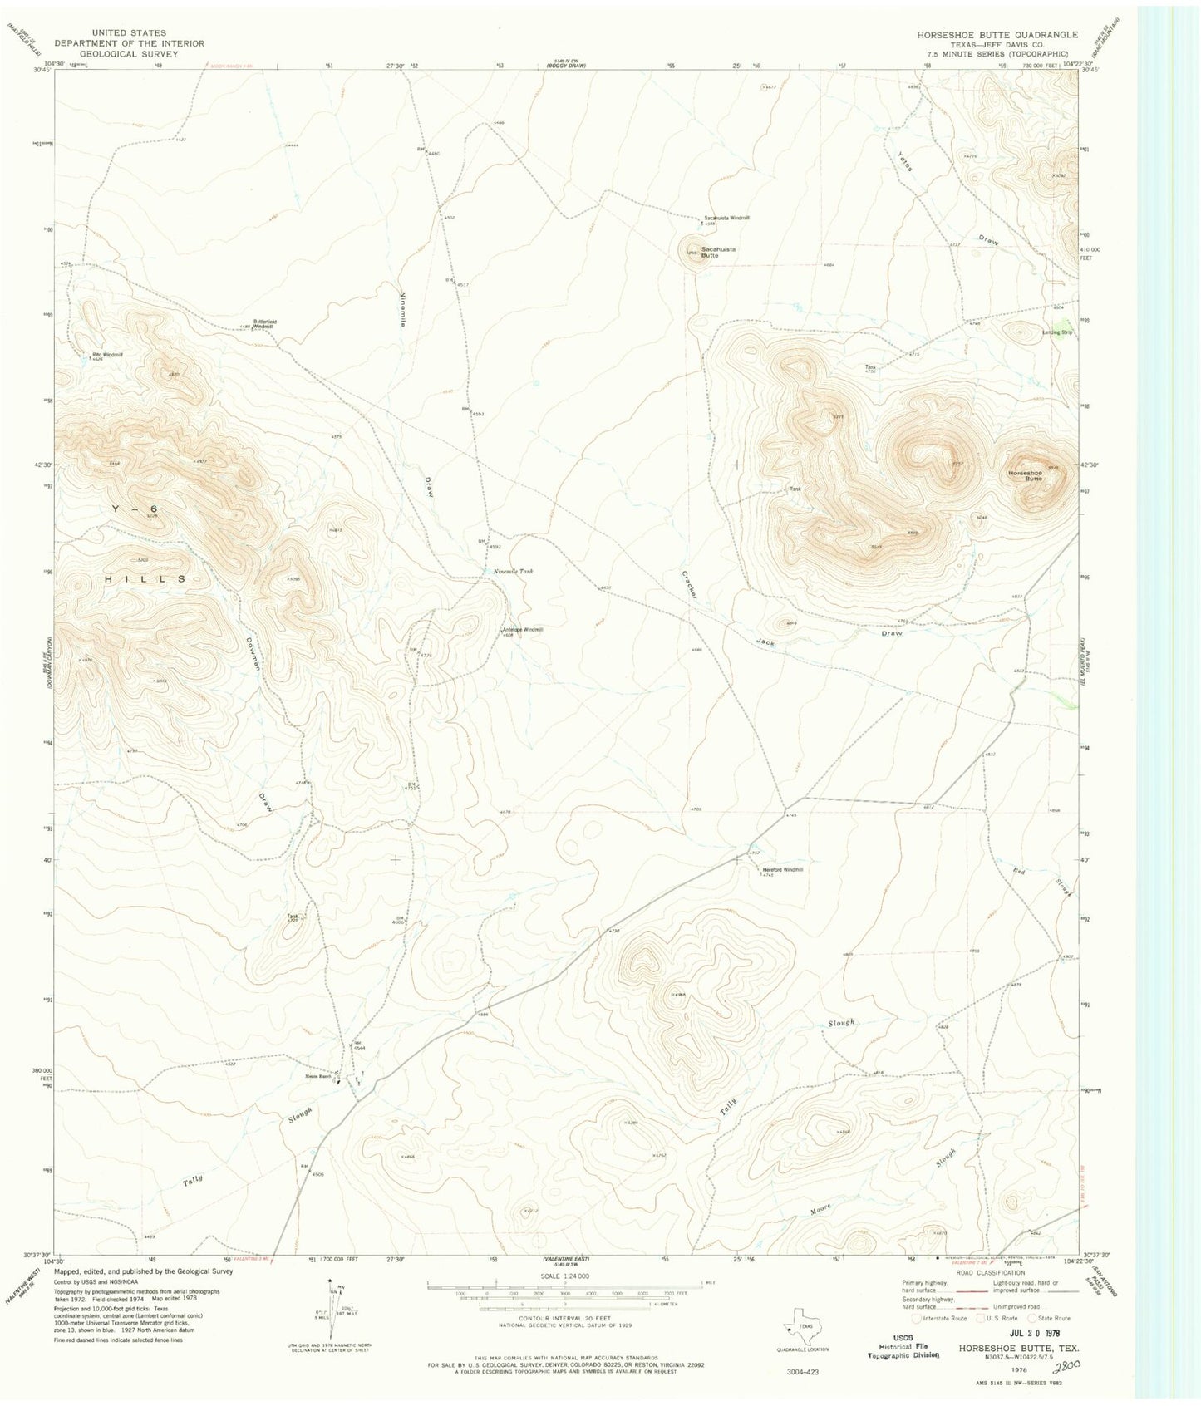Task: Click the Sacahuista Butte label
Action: [718, 252]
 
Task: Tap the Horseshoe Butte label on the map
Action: [1025, 475]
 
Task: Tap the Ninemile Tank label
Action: [514, 571]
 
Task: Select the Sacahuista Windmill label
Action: [726, 218]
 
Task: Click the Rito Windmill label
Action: [106, 355]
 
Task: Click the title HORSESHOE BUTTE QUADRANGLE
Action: [997, 35]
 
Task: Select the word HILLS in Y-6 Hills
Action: [145, 578]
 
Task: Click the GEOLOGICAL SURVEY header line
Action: [129, 53]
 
